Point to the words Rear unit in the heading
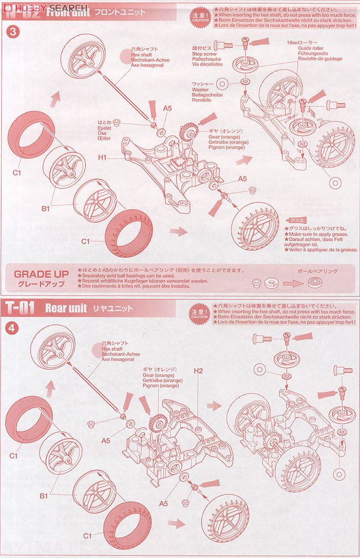coord(65,308)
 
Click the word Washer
coord(200,90)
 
